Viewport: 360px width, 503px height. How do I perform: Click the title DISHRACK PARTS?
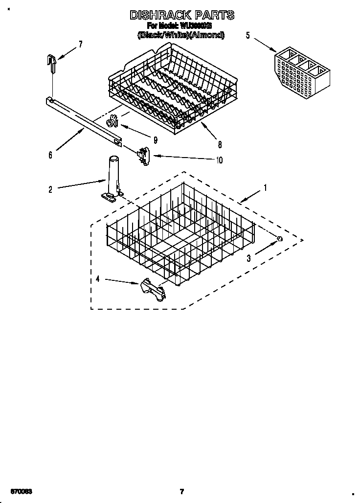(x=181, y=16)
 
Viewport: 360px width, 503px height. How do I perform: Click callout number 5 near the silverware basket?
(x=248, y=35)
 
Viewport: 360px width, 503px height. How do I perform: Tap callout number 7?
(x=80, y=45)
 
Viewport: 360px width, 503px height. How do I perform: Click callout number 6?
(x=50, y=155)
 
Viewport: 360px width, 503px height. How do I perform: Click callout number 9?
(x=155, y=140)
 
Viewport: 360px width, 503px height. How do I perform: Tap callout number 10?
(x=219, y=160)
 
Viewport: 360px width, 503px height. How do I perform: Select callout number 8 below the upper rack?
(x=220, y=144)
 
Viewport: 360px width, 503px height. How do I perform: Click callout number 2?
(x=50, y=189)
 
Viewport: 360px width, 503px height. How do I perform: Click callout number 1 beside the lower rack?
(x=265, y=187)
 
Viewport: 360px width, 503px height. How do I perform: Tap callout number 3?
(x=248, y=259)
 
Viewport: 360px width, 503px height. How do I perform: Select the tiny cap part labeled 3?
(x=280, y=238)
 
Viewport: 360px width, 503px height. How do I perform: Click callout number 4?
(x=98, y=279)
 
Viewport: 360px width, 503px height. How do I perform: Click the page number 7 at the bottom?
(x=181, y=491)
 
